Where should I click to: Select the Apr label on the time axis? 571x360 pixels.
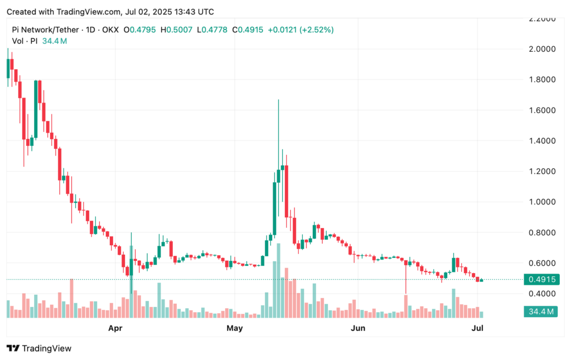coord(115,328)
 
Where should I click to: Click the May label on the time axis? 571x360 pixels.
coord(235,328)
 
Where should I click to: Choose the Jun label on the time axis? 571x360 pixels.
coord(357,328)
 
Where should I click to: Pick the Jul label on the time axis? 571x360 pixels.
coord(477,328)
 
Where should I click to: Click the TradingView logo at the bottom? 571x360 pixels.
coord(39,348)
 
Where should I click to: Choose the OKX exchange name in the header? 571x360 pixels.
coord(110,30)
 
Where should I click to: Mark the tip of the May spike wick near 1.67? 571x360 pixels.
coord(278,100)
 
